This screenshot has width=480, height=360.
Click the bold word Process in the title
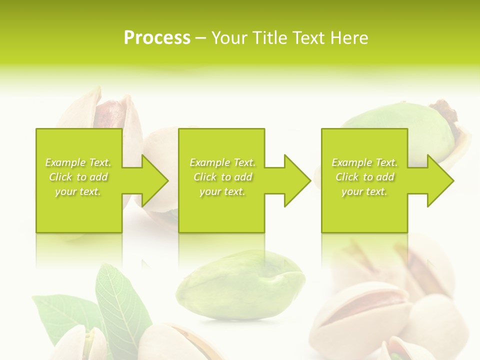tap(157, 38)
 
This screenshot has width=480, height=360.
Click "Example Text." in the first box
tap(78, 162)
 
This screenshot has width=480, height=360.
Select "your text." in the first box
tap(78, 191)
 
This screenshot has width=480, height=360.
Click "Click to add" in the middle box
tap(222, 177)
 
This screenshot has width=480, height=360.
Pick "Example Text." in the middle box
tap(222, 162)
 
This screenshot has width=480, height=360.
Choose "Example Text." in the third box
tap(364, 162)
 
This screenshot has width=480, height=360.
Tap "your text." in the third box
tap(364, 191)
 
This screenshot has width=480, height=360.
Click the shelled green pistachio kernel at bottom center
tap(240, 285)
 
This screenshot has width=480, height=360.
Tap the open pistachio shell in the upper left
tap(100, 112)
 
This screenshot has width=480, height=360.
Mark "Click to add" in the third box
tap(364, 177)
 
